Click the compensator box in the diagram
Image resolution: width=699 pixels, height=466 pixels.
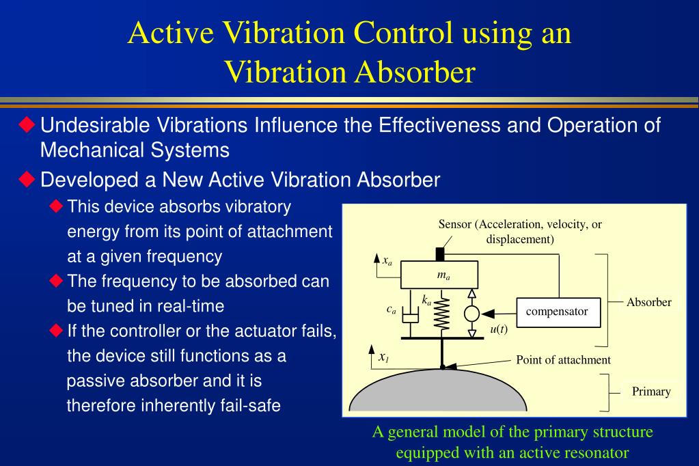[556, 312]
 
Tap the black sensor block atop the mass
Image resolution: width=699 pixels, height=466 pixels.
[440, 254]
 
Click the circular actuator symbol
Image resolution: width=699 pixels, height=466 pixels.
[471, 313]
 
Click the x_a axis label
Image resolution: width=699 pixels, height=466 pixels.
[387, 260]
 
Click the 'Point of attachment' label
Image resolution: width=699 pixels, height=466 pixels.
[562, 360]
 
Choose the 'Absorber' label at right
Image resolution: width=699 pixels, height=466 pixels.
[648, 302]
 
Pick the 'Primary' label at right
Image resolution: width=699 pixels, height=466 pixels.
[650, 392]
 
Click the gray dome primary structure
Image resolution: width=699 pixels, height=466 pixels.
[437, 393]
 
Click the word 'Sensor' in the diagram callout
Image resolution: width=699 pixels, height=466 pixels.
[454, 225]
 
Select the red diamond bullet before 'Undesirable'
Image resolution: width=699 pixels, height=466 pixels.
[27, 125]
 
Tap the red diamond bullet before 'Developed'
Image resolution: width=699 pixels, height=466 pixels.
[27, 180]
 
